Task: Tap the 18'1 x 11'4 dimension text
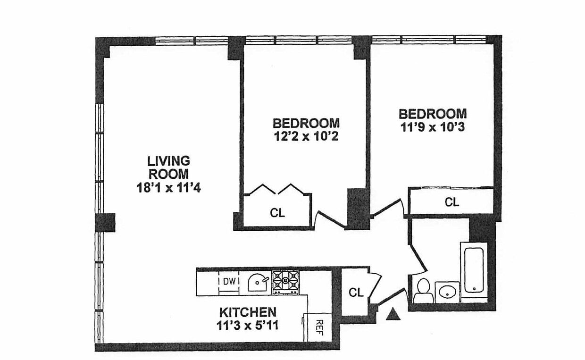click(x=169, y=188)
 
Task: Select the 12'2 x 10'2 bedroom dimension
click(x=306, y=136)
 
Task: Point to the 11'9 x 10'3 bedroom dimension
click(x=433, y=127)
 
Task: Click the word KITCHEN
click(x=248, y=312)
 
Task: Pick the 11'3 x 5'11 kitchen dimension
click(x=247, y=326)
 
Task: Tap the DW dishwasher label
click(x=229, y=281)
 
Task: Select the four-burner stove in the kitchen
click(x=286, y=283)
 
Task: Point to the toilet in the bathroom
click(x=423, y=291)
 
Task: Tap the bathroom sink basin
click(x=447, y=292)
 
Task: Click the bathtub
click(x=474, y=270)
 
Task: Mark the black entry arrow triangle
click(x=393, y=314)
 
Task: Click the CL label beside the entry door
click(x=356, y=293)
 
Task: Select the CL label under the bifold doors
click(x=277, y=213)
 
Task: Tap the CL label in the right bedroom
click(x=452, y=202)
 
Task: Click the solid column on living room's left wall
click(x=105, y=223)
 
